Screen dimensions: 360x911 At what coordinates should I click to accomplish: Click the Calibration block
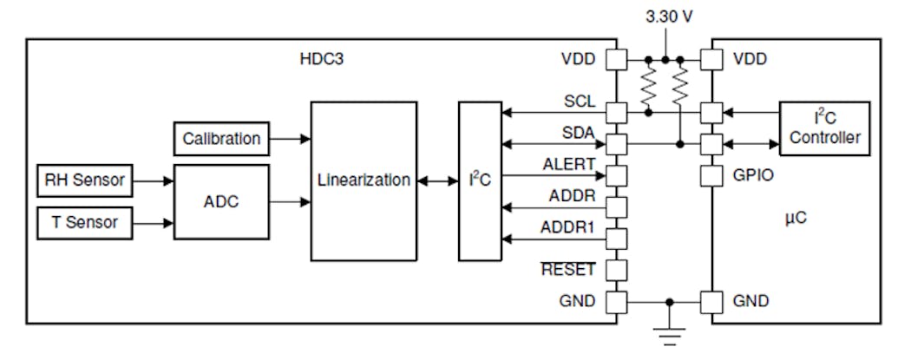(221, 138)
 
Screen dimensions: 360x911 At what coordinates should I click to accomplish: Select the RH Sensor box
(86, 181)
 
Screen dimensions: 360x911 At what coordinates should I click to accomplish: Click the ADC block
(221, 202)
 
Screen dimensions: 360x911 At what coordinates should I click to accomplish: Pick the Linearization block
(363, 180)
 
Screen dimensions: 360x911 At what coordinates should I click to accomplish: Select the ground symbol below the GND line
(667, 334)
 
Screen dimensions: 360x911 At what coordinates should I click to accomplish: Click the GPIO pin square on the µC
(712, 177)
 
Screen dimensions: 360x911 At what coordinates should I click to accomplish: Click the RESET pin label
(568, 270)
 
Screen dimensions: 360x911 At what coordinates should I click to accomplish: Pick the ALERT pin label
(568, 163)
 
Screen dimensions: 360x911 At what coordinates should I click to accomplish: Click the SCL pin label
(579, 101)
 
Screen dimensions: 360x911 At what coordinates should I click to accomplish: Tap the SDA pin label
(579, 132)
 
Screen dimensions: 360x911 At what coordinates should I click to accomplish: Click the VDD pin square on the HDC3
(616, 61)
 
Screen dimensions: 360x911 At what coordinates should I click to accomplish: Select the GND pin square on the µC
(712, 302)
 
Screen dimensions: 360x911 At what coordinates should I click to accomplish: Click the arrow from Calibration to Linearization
(290, 138)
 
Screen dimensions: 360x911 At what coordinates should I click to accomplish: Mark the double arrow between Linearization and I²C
(437, 181)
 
